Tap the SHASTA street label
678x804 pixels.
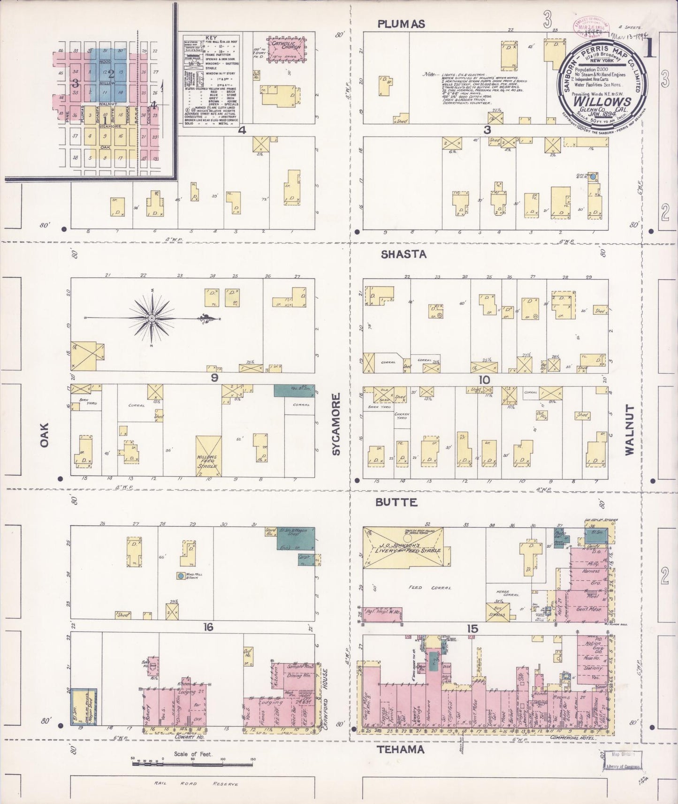(404, 254)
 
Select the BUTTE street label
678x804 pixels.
(396, 502)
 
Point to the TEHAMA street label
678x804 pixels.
(401, 750)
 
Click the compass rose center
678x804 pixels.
(152, 318)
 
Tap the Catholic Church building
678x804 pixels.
(284, 47)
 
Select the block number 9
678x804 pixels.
(214, 378)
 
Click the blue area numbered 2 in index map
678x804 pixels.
(111, 73)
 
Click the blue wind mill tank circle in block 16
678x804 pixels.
(180, 575)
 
